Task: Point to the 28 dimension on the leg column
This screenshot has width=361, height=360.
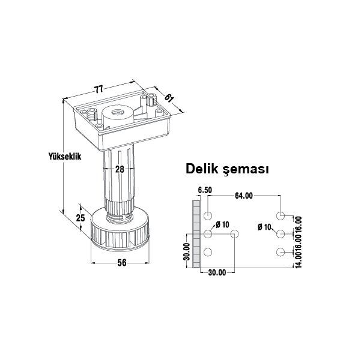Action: point(120,170)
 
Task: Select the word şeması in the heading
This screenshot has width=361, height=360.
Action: point(247,170)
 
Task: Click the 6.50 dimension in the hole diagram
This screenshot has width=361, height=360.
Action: point(205,191)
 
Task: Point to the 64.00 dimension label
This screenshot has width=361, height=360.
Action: point(243,196)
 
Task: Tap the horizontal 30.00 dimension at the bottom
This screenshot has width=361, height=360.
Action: point(217,272)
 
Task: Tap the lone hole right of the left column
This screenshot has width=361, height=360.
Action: point(234,233)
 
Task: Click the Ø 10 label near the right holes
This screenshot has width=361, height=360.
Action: point(264,227)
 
